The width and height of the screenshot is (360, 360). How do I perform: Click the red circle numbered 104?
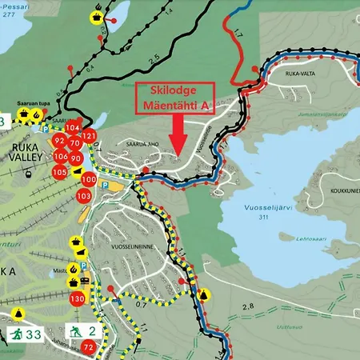(x=74, y=127)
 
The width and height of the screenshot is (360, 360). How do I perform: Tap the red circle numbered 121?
(x=89, y=137)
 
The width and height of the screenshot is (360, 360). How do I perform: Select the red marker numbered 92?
(x=59, y=142)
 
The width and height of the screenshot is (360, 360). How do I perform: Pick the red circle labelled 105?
(x=59, y=171)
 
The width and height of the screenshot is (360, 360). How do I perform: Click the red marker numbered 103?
(x=83, y=195)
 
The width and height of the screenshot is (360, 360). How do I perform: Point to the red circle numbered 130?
(x=77, y=298)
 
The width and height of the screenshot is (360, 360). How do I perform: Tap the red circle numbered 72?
(x=88, y=346)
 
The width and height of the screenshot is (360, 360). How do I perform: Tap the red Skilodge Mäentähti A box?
(x=178, y=96)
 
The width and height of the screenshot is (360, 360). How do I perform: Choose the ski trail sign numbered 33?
(x=24, y=334)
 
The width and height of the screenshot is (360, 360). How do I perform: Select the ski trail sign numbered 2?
(x=82, y=331)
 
